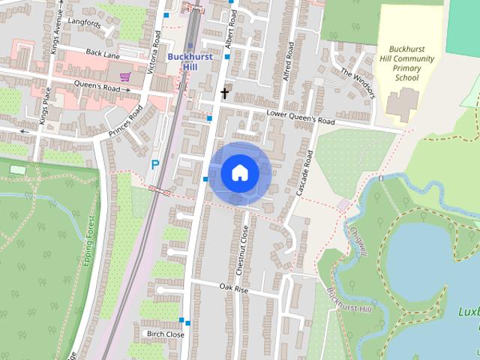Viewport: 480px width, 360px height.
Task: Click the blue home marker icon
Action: point(240,173)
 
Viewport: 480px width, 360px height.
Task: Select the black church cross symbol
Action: point(223,94)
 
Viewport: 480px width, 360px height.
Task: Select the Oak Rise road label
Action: point(233,288)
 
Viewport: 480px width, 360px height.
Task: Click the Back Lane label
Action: point(102,52)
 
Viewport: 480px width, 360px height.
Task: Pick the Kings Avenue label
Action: point(57,37)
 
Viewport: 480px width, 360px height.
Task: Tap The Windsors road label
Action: point(357,82)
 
